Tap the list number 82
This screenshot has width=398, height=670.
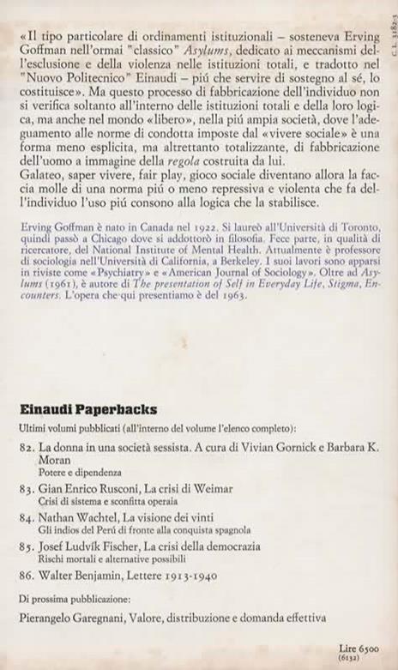pyautogui.click(x=25, y=448)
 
